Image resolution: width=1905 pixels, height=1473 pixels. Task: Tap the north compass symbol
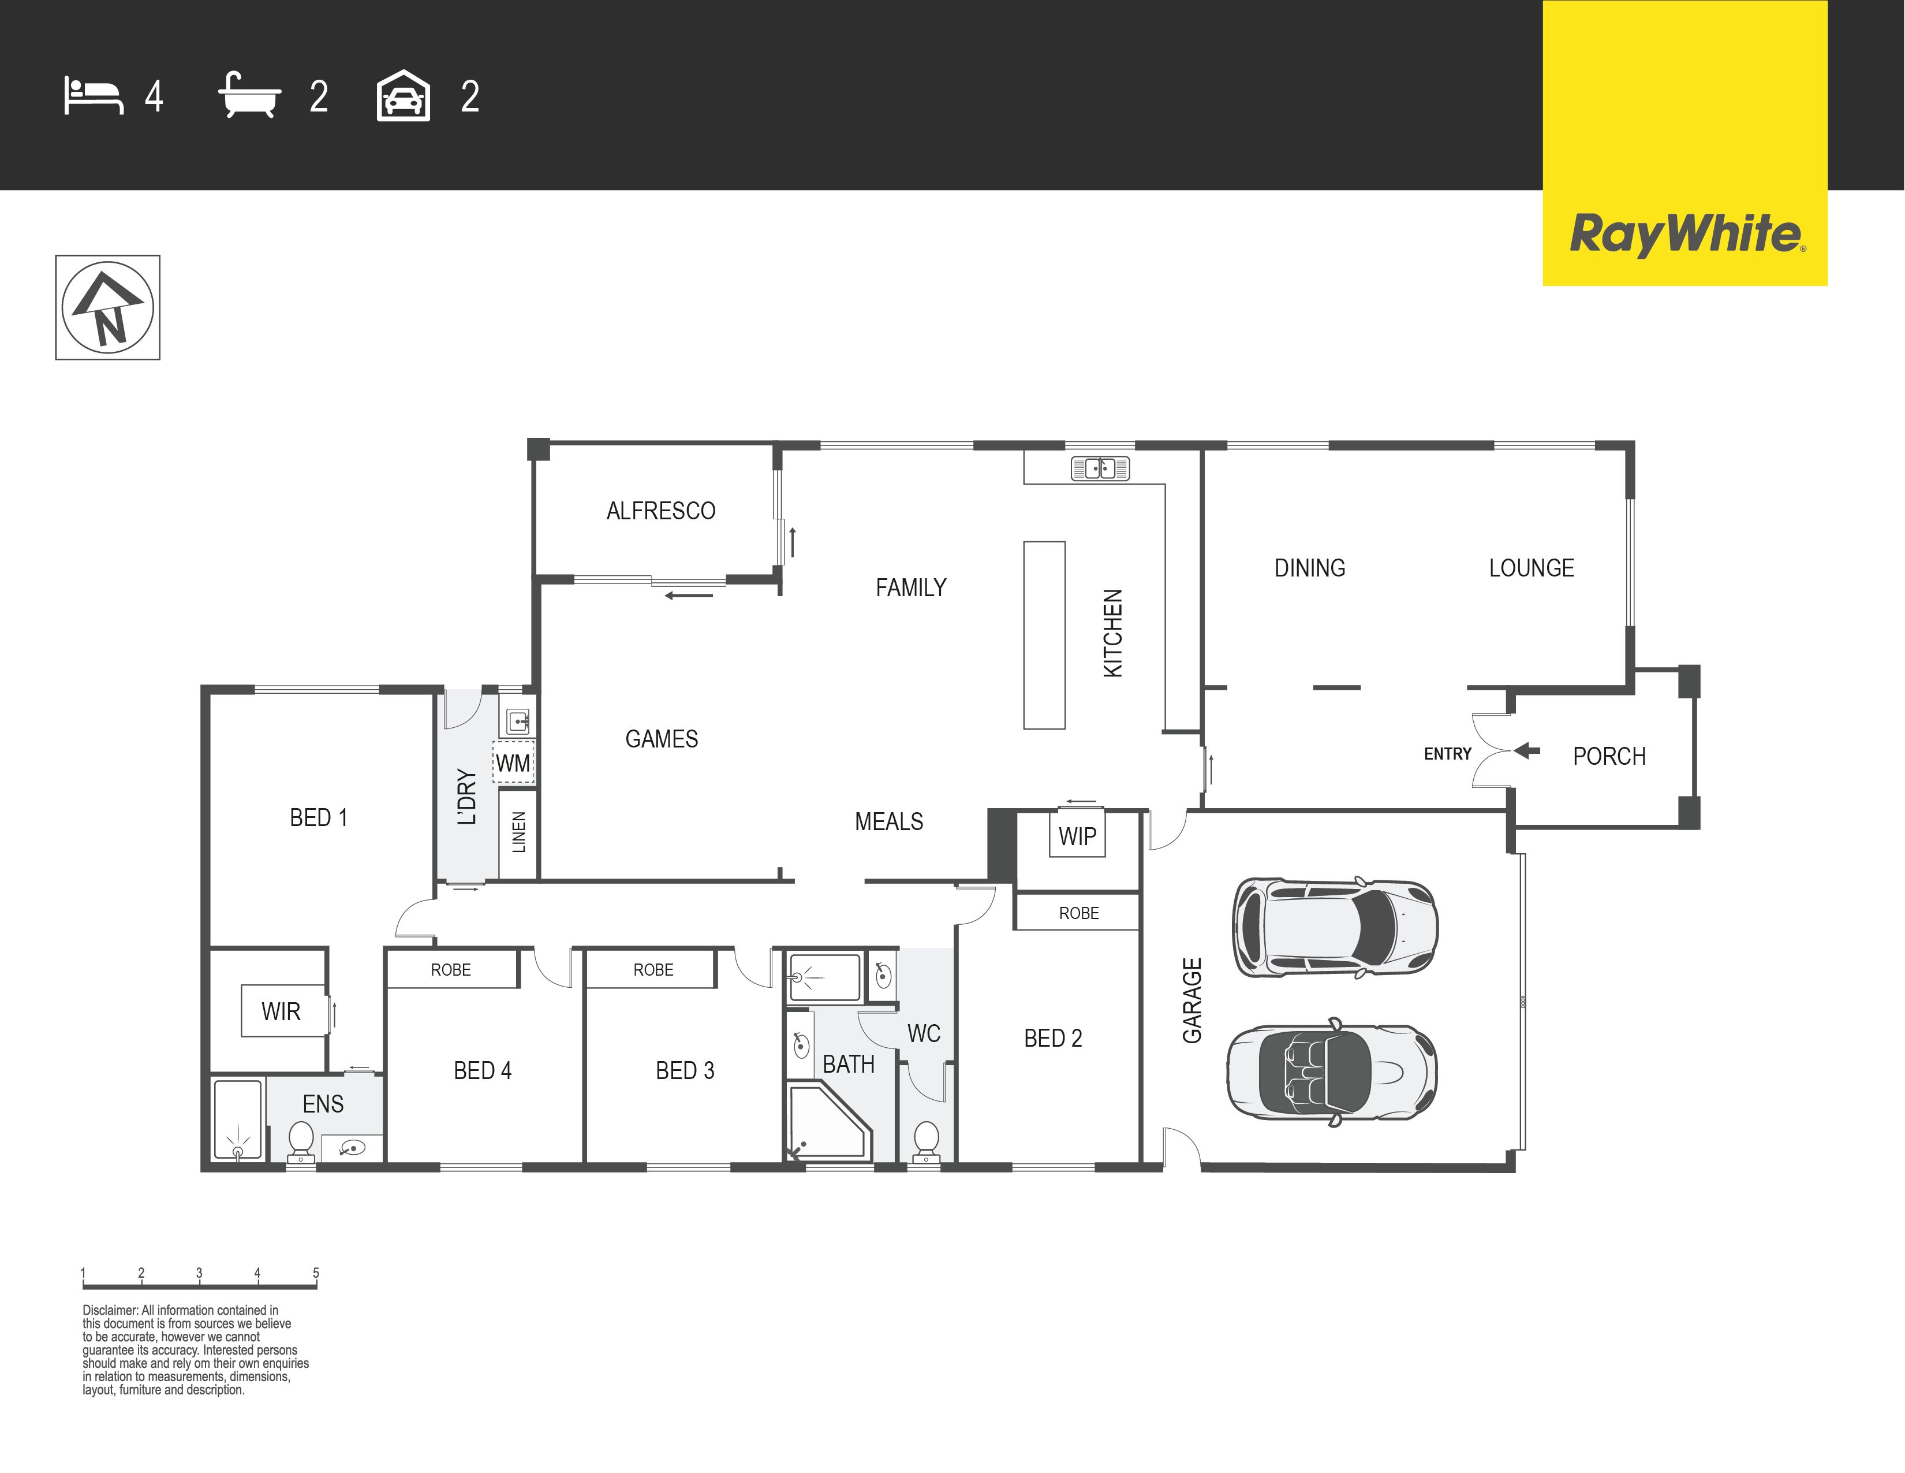click(x=107, y=307)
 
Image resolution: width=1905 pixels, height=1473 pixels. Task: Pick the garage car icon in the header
click(x=403, y=95)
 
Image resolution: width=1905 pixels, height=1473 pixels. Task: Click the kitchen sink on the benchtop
click(x=1100, y=468)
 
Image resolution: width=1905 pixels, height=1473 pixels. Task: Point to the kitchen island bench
click(x=1044, y=635)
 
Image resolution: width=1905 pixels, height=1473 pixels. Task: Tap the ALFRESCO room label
click(x=661, y=511)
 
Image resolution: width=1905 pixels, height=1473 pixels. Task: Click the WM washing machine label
click(x=513, y=764)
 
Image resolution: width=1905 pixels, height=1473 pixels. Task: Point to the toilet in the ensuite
click(x=301, y=1142)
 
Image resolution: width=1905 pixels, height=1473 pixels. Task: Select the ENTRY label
click(x=1447, y=754)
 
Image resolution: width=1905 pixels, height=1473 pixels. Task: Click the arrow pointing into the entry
click(x=1526, y=750)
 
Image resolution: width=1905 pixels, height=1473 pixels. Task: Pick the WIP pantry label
click(x=1077, y=836)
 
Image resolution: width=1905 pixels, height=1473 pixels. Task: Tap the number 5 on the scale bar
click(x=316, y=1273)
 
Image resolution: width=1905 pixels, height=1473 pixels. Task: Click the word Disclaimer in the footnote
click(x=110, y=1310)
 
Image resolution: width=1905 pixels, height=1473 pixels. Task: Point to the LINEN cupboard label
click(x=519, y=832)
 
